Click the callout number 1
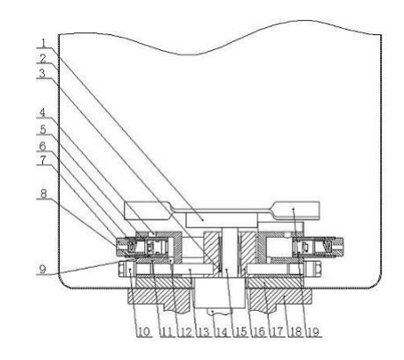[x=44, y=43]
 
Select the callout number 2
[x=43, y=59]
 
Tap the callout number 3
[x=42, y=74]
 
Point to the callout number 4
[x=43, y=112]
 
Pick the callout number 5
[x=43, y=129]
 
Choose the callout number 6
[x=43, y=146]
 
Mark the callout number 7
[x=43, y=160]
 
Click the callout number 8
[x=43, y=194]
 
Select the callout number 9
[x=43, y=269]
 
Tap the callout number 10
[x=143, y=332]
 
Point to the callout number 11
[x=166, y=332]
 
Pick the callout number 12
[x=185, y=332]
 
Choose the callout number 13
[x=204, y=332]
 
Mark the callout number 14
[x=222, y=332]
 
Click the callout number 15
[x=241, y=332]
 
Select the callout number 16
[x=259, y=332]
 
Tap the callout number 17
[x=278, y=332]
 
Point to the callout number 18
[x=296, y=332]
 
